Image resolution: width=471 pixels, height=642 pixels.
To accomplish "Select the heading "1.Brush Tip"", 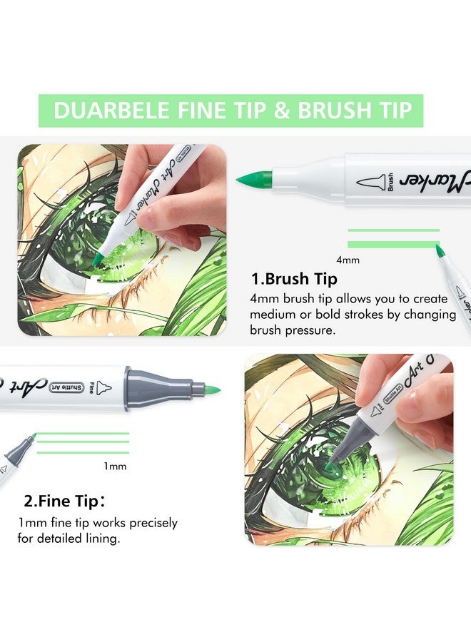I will coord(293,278).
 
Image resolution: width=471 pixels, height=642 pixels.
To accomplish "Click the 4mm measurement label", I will coord(348,260).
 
